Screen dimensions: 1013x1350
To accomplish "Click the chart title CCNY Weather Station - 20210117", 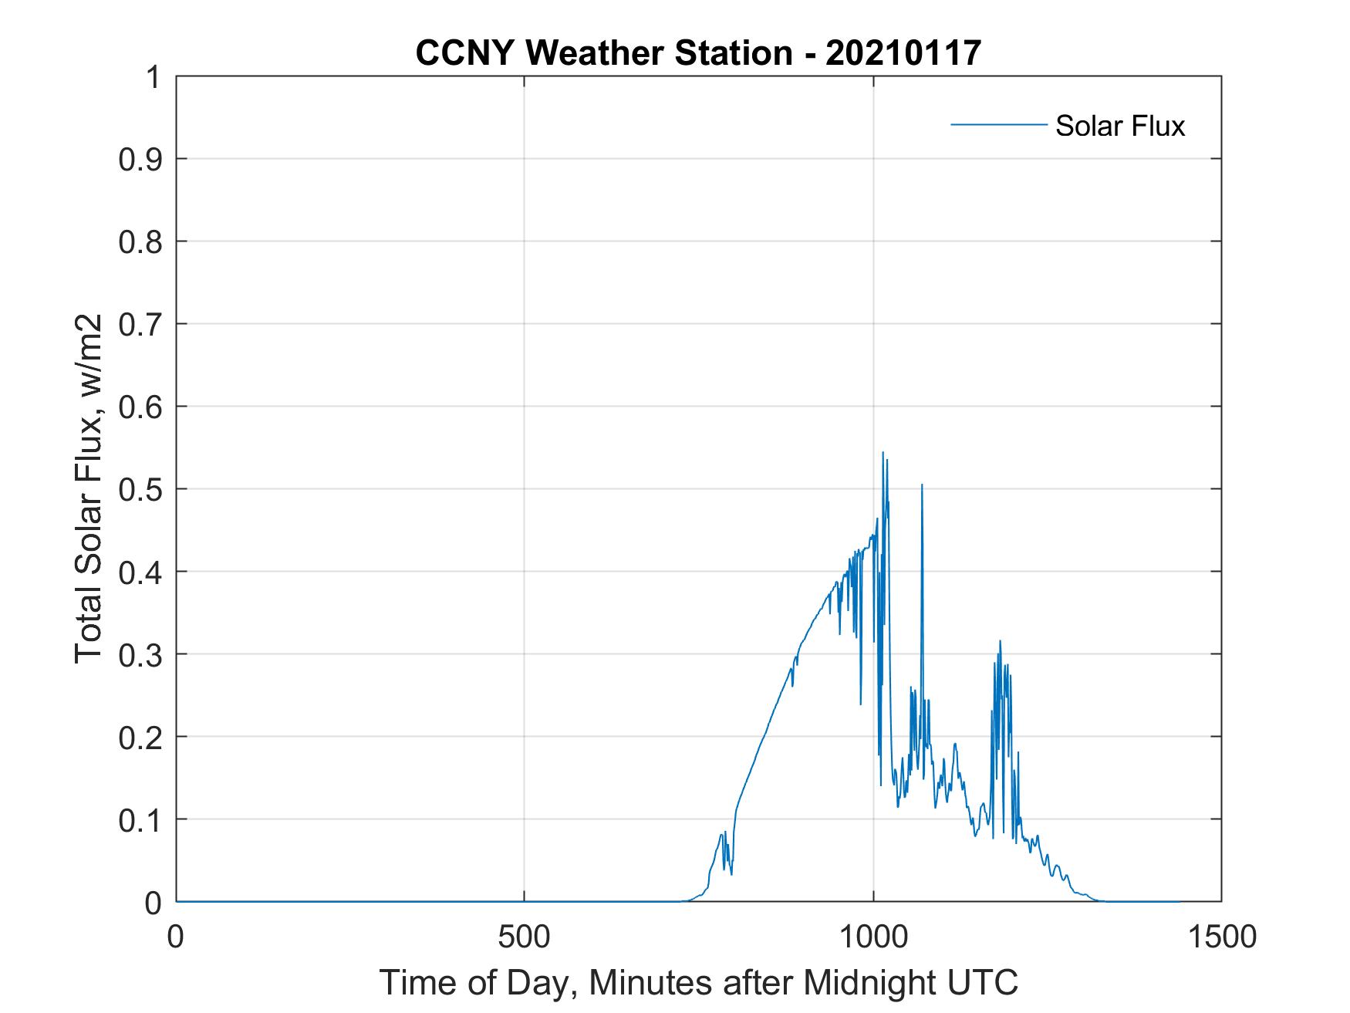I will click(698, 53).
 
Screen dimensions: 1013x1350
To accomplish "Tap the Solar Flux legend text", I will click(1119, 125).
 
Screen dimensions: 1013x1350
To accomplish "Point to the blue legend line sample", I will click(997, 124).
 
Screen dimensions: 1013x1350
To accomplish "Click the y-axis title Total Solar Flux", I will click(89, 488).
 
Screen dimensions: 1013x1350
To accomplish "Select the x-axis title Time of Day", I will click(698, 982).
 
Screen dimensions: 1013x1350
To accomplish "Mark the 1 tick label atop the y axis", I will click(153, 77).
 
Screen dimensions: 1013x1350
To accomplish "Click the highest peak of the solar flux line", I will click(883, 453).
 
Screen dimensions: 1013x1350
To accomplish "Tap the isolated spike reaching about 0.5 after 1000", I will click(922, 485).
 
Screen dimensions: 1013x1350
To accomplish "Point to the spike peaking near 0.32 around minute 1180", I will click(1000, 641).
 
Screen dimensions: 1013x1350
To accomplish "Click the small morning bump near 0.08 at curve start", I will click(722, 834).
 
